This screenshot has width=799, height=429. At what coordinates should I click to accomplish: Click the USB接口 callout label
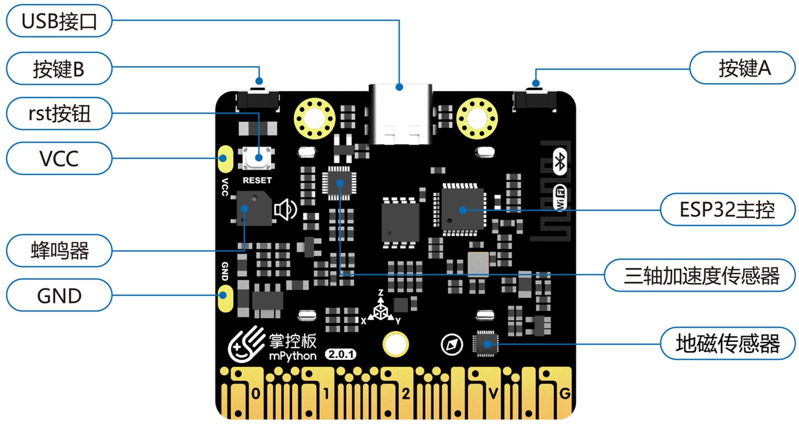[59, 22]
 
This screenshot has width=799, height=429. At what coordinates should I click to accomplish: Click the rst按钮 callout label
[59, 114]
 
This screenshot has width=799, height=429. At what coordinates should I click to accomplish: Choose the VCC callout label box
[59, 157]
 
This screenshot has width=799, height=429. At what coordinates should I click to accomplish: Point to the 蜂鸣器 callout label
[59, 251]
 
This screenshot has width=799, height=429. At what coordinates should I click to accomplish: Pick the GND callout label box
[59, 295]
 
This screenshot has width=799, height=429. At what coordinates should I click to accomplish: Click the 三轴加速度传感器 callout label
[701, 275]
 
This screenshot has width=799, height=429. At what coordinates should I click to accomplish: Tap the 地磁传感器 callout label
[727, 343]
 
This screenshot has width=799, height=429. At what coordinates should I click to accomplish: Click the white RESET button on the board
[257, 157]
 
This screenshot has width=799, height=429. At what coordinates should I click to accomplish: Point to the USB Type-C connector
[399, 115]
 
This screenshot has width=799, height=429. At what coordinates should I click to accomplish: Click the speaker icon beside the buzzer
[286, 210]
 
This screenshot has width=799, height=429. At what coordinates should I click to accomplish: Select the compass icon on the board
[452, 345]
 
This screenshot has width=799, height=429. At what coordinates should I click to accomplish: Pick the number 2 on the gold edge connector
[406, 394]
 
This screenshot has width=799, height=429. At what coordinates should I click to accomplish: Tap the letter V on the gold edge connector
[493, 394]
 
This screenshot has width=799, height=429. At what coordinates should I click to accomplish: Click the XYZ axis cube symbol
[381, 311]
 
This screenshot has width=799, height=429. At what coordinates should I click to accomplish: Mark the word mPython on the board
[292, 355]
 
